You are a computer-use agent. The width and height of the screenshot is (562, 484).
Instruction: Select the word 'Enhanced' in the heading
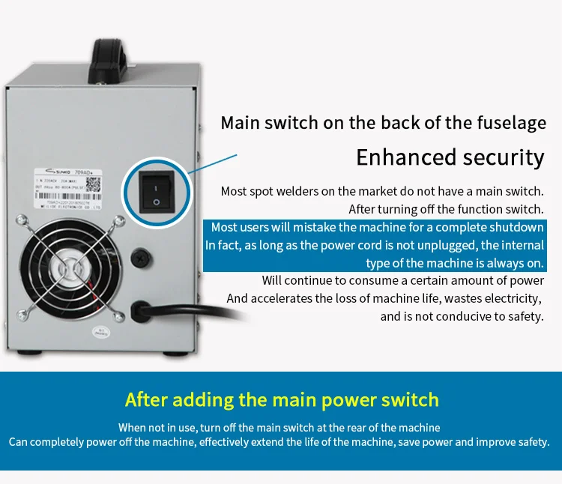(399, 157)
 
